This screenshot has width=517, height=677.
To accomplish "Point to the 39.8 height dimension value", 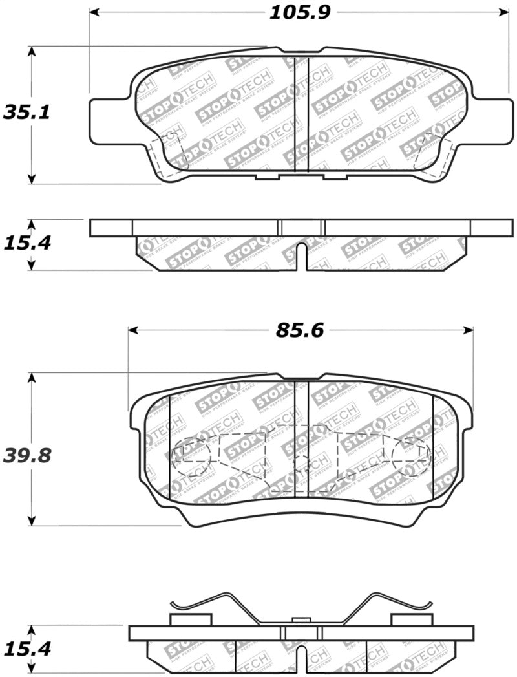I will pos(27,455).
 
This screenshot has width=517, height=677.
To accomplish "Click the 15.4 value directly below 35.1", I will pos(27,243).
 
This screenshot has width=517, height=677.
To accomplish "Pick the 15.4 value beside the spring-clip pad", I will pos(27,648).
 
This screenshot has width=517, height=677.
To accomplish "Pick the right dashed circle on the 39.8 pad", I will pos(410,453).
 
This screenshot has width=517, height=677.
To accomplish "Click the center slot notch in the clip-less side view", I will pos(301,255).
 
